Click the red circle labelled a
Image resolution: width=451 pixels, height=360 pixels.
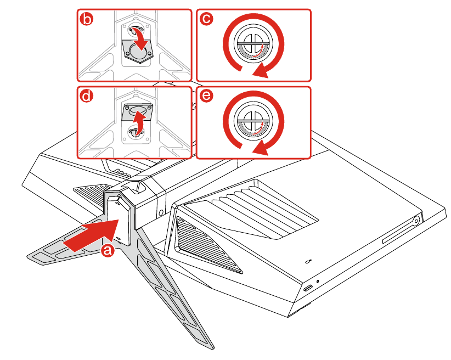(x=109, y=251)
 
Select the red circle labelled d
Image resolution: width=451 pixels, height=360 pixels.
(x=86, y=97)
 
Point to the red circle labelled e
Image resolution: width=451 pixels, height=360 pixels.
(x=206, y=97)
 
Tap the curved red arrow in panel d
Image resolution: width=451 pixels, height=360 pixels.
(x=142, y=119)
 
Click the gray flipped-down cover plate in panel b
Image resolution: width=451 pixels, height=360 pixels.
(x=135, y=53)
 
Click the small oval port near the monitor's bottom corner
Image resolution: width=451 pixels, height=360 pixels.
(x=308, y=288)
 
